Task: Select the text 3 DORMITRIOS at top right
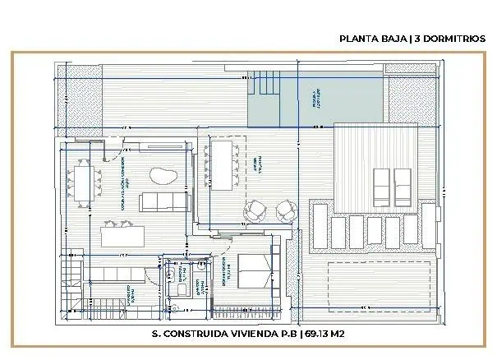click(451, 38)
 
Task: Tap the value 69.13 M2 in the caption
click(324, 334)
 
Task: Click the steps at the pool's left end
click(265, 83)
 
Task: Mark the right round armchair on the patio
click(283, 211)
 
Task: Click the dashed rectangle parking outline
click(379, 283)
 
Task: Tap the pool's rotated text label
click(315, 98)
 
